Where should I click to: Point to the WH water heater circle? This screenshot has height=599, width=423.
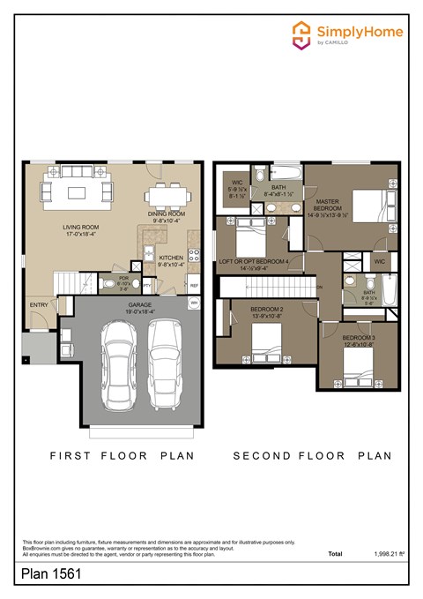pyautogui.click(x=194, y=303)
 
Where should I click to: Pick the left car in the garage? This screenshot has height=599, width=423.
pyautogui.click(x=118, y=364)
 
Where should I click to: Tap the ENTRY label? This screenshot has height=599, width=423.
pyautogui.click(x=39, y=304)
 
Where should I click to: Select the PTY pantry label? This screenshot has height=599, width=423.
pyautogui.click(x=147, y=284)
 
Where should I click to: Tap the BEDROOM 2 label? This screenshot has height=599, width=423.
pyautogui.click(x=266, y=310)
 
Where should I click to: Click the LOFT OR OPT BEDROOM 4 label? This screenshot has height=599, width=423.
pyautogui.click(x=254, y=261)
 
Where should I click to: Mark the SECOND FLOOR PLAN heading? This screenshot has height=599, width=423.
pyautogui.click(x=312, y=456)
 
